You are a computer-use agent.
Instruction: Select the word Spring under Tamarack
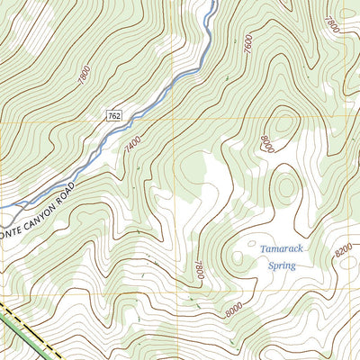click(x=282, y=265)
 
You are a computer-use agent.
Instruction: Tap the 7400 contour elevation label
click(x=134, y=142)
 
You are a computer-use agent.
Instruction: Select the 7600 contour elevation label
click(x=247, y=40)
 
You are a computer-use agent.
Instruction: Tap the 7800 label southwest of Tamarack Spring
click(x=199, y=270)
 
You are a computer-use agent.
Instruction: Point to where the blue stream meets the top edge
click(x=212, y=3)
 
